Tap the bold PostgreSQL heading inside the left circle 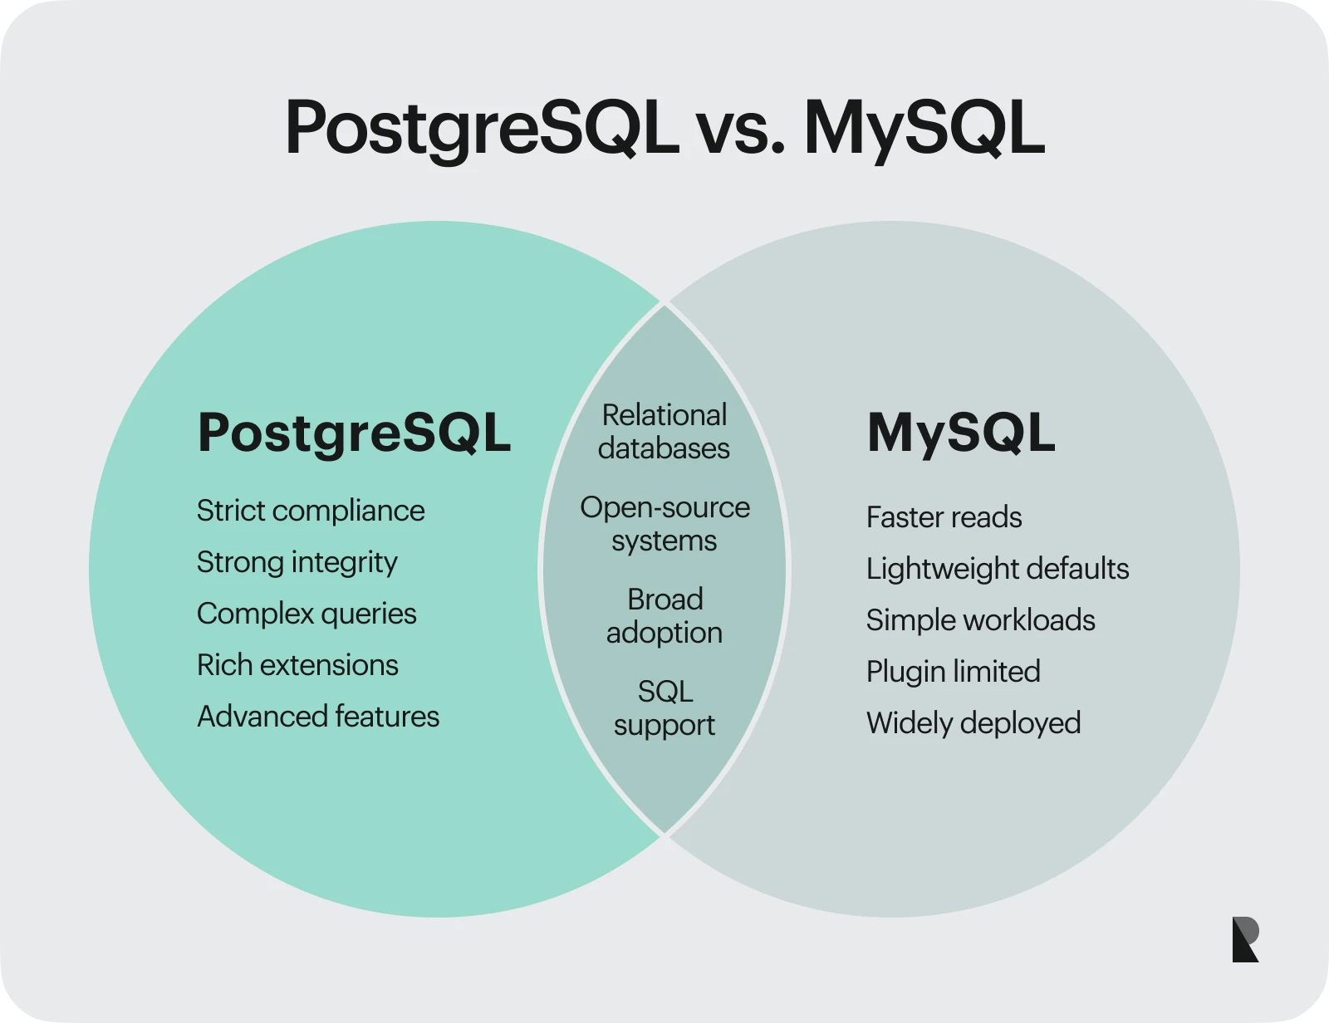pos(354,433)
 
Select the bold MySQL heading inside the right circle pos(961,433)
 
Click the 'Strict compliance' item pos(311,511)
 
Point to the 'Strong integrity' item pos(297,562)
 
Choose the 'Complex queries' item pos(307,614)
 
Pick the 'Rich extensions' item pos(297,665)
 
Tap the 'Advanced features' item pos(318,717)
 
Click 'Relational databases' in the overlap pos(664,432)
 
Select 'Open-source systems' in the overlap pos(664,524)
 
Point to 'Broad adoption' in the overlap pos(664,616)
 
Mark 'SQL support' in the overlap pos(664,708)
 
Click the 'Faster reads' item pos(944,517)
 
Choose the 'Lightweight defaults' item pos(998,569)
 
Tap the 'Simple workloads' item pos(980,620)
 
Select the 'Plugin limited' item pos(953,672)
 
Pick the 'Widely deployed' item pos(973,723)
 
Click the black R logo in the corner pos(1245,939)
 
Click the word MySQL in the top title pos(924,130)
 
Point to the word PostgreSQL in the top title pos(482,130)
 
